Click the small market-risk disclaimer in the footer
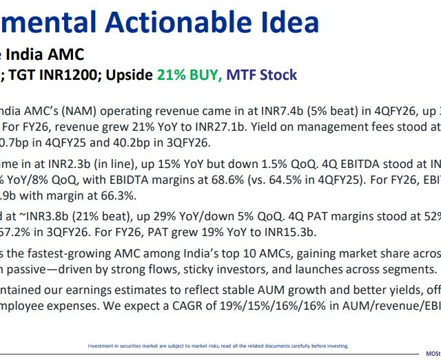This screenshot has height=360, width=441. coord(218,346)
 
